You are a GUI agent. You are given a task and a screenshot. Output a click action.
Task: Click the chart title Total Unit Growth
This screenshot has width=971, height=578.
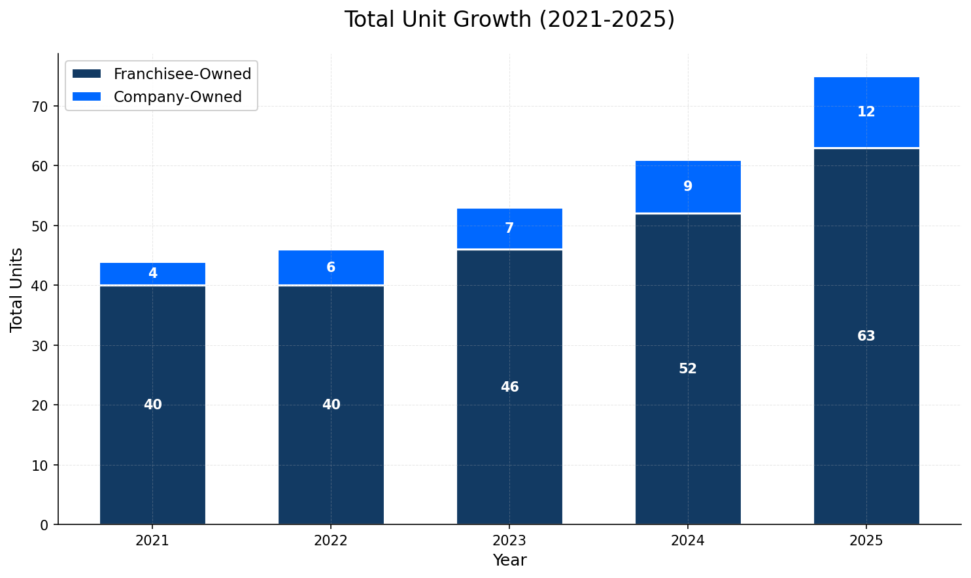tap(509, 20)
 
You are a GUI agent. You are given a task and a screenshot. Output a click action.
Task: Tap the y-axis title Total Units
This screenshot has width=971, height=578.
tap(17, 290)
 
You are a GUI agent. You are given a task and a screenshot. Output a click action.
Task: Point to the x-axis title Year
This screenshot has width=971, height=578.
tap(509, 560)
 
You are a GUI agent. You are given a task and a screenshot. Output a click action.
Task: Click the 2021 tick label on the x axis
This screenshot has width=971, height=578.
tap(152, 541)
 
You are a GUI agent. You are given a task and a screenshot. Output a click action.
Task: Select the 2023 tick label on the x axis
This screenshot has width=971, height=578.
tap(509, 541)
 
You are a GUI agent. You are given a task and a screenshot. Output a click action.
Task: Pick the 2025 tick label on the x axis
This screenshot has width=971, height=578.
tap(866, 541)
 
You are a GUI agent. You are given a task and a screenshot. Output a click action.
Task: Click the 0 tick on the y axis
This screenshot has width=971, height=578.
tap(44, 525)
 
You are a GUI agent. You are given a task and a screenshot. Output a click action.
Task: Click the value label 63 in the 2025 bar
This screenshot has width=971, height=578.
tap(866, 336)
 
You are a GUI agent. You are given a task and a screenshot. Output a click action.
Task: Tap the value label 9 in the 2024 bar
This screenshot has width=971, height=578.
tap(687, 186)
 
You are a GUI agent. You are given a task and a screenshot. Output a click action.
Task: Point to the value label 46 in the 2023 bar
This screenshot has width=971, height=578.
tap(509, 387)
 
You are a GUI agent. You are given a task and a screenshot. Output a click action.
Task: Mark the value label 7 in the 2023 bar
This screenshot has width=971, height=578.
tap(509, 228)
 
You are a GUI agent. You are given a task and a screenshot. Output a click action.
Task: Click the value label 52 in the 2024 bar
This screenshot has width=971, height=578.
tap(687, 369)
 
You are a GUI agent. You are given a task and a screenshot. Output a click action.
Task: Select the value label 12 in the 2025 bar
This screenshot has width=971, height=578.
tap(866, 112)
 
